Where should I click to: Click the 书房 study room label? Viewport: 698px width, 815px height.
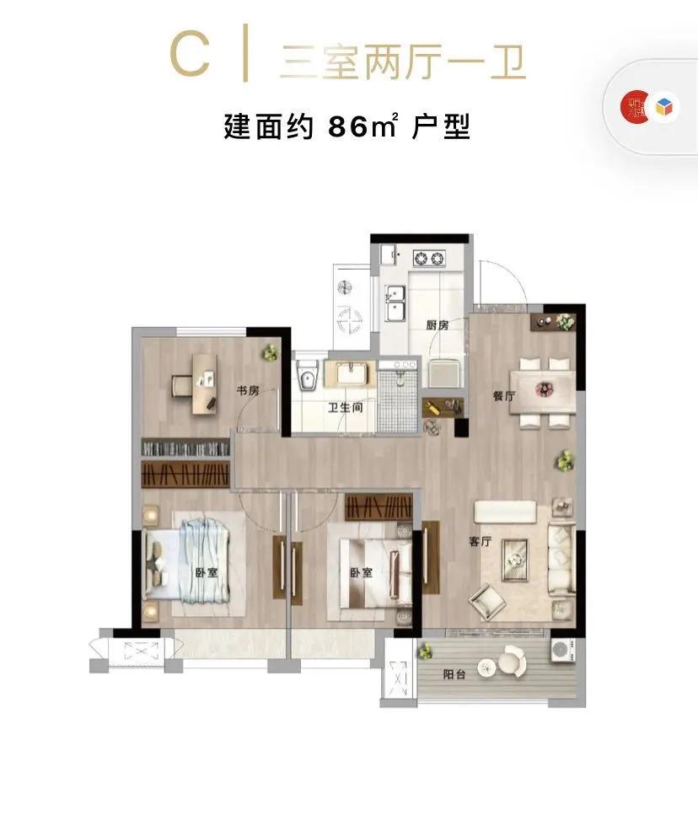click(246, 390)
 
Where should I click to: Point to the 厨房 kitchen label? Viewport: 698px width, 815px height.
click(437, 325)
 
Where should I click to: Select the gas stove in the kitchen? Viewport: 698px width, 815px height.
click(429, 255)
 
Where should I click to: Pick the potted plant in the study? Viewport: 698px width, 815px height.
click(270, 352)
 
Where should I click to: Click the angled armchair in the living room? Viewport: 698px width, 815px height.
click(487, 600)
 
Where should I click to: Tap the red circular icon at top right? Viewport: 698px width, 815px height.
click(634, 107)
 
